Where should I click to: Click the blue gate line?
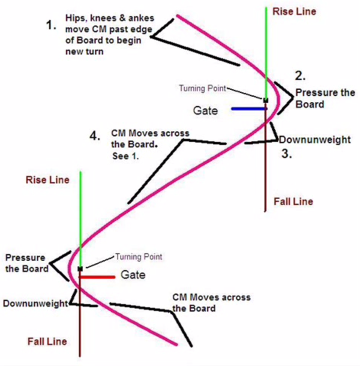click(x=249, y=109)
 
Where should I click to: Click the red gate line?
click(x=97, y=277)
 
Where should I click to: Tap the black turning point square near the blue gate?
click(x=266, y=101)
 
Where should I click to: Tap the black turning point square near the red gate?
click(x=80, y=269)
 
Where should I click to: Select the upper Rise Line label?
click(x=294, y=11)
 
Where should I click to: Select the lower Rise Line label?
click(x=47, y=180)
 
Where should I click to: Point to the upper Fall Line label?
click(x=293, y=202)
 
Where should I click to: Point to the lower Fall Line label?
click(x=47, y=341)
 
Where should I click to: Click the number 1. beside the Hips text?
click(x=51, y=25)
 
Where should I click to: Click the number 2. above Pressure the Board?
click(x=300, y=76)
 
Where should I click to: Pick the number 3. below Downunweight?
click(x=287, y=154)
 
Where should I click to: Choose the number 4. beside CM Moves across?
click(x=95, y=136)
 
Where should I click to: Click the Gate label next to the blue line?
click(x=205, y=110)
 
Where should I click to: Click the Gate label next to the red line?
click(x=133, y=275)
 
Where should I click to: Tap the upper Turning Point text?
click(x=202, y=88)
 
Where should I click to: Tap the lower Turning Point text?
click(x=139, y=257)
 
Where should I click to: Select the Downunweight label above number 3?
click(x=315, y=140)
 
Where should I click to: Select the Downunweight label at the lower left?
click(x=35, y=304)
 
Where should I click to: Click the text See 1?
click(x=125, y=156)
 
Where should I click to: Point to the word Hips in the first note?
click(x=74, y=18)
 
